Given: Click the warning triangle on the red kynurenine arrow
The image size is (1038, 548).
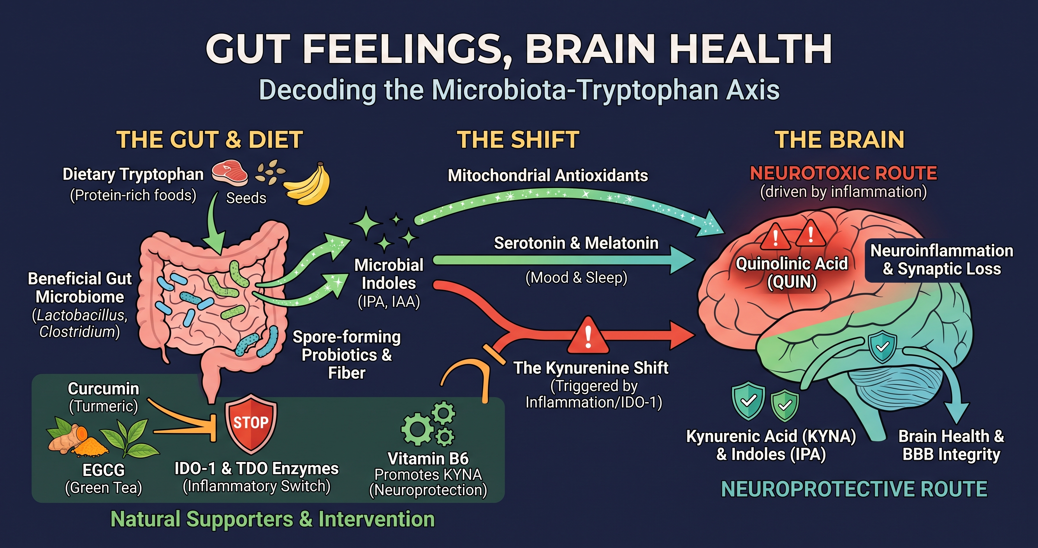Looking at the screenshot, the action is tap(588, 335).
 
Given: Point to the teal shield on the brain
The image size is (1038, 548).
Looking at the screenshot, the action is tap(882, 347).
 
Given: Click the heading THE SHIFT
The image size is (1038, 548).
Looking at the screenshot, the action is tap(518, 140).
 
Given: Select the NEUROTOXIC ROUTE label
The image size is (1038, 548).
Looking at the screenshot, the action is tap(843, 173).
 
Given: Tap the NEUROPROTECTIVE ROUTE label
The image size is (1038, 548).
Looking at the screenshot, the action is tap(854, 489).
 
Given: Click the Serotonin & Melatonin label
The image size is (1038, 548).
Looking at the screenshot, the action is tap(576, 243).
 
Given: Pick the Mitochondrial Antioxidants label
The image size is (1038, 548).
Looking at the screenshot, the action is tap(548, 175).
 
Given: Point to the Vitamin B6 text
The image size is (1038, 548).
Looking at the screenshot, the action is tap(428, 458).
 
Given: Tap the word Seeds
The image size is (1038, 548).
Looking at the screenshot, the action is tap(246, 198).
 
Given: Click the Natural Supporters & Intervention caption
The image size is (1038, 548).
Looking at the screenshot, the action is tap(273, 519).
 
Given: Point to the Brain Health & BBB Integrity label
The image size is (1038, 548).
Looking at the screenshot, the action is tap(951, 445).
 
